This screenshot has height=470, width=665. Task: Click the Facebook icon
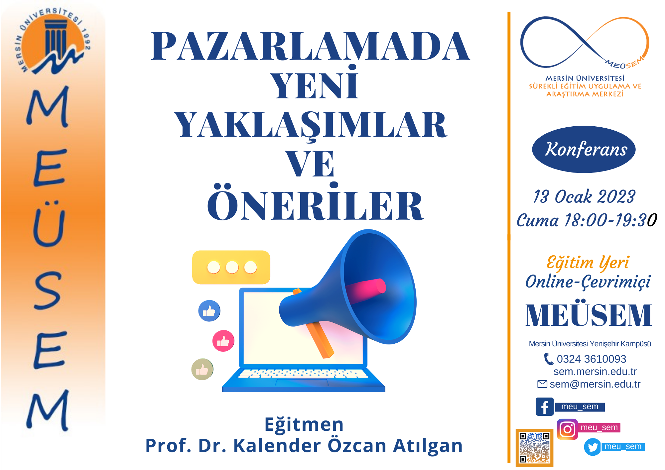545,407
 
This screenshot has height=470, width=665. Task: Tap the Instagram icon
567,429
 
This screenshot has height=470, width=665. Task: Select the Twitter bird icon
593,447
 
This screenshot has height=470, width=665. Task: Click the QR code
534,447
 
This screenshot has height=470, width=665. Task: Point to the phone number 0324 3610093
592,359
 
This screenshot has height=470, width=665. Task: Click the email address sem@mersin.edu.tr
595,384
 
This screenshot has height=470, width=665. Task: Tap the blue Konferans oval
584,149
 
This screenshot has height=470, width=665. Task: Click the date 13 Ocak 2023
584,196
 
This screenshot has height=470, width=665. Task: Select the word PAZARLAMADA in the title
310,46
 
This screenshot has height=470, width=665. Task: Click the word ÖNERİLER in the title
315,202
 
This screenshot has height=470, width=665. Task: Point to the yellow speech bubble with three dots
231,267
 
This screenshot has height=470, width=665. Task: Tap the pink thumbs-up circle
223,341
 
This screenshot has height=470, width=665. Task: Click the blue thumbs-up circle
209,311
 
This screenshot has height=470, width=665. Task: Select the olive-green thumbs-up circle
202,369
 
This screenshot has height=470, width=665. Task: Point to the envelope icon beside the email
542,384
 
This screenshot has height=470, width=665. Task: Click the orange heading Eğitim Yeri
588,263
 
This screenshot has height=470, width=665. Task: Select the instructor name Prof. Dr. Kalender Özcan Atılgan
304,445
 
